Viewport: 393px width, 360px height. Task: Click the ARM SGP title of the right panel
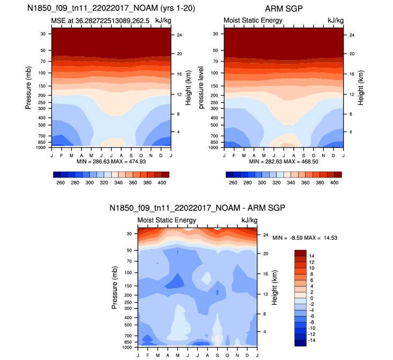(283, 9)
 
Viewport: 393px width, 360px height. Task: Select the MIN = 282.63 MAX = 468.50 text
(283, 161)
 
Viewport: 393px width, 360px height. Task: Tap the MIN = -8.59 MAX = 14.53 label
(305, 238)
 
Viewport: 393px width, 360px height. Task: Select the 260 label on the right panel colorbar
(233, 183)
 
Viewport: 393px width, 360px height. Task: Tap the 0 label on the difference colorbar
(312, 298)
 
